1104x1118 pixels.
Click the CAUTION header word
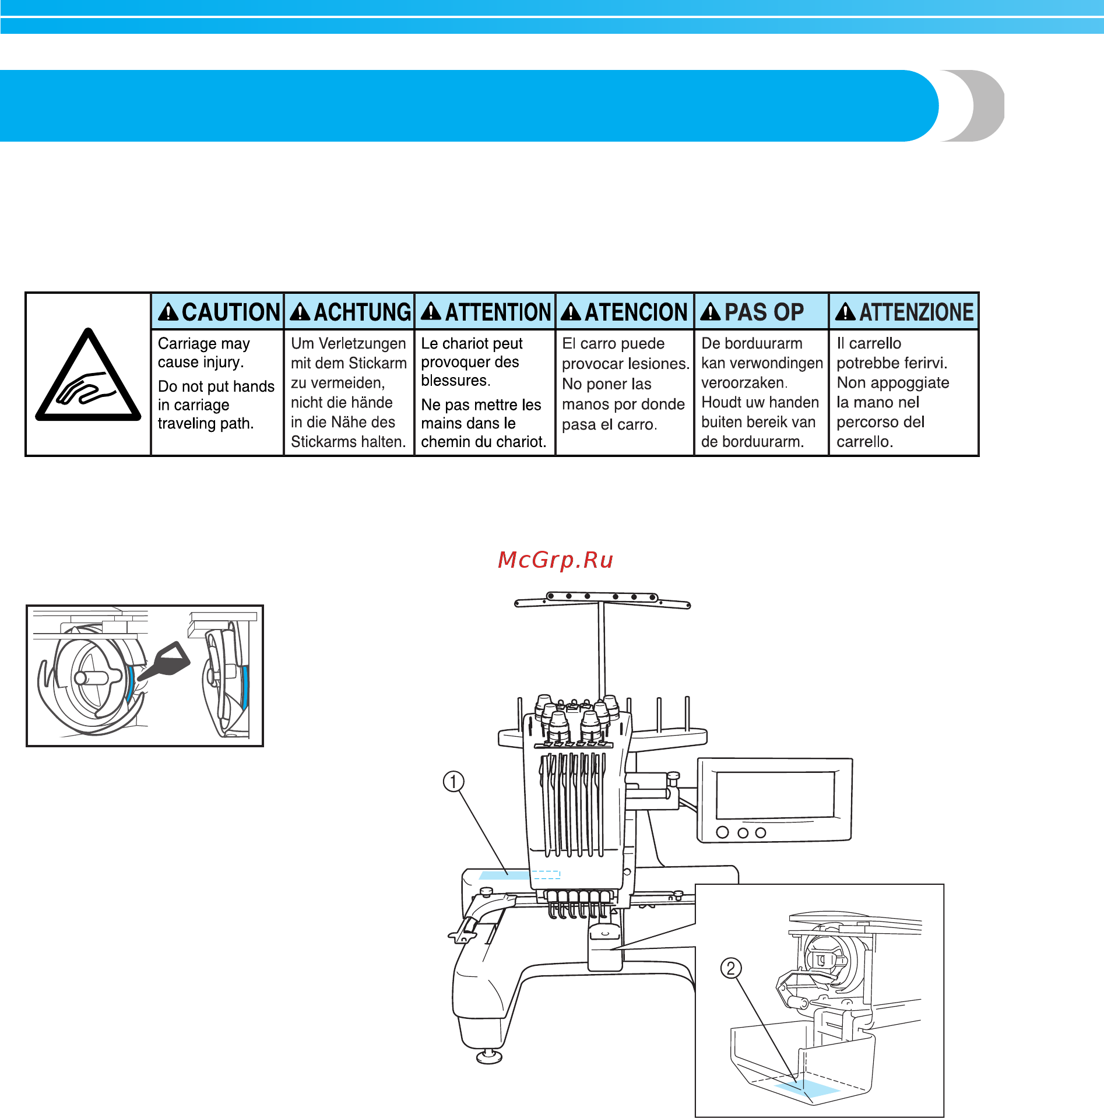[x=231, y=312]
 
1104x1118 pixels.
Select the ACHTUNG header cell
[x=350, y=312]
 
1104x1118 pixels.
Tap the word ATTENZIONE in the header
[x=916, y=312]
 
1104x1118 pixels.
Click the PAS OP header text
[x=764, y=312]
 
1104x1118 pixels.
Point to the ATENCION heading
[x=635, y=312]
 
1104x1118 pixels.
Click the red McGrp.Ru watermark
[x=555, y=560]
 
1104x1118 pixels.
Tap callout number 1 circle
[x=453, y=781]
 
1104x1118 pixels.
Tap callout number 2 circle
[x=731, y=968]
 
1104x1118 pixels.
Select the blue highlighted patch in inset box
[x=807, y=1088]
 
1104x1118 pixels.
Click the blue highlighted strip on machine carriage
[x=504, y=875]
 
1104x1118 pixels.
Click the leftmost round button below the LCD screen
[x=722, y=832]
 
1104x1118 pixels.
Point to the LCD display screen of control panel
[x=775, y=795]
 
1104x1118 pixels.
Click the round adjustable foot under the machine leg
[x=489, y=1056]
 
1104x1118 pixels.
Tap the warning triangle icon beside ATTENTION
[x=431, y=312]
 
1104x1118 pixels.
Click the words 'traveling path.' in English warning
[x=206, y=423]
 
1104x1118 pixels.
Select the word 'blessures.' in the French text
[x=456, y=381]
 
